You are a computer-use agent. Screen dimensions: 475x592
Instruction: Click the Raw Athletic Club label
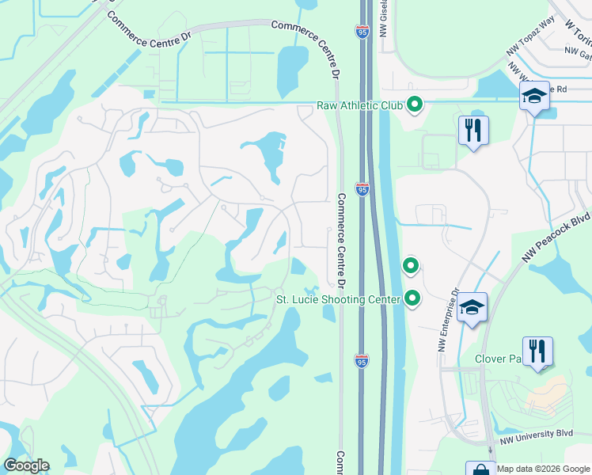pos(359,104)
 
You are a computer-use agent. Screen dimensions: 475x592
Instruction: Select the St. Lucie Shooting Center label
pos(338,299)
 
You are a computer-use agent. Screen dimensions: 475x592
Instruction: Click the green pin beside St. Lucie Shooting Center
pos(412,298)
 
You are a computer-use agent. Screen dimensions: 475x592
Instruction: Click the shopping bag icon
pos(480,469)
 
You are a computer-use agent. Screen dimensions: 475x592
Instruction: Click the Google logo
pos(26,465)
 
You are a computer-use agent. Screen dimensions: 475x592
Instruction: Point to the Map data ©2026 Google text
pos(543,469)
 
